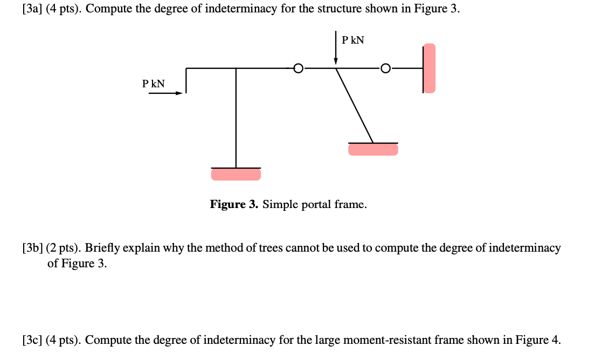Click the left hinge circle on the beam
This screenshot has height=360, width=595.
299,68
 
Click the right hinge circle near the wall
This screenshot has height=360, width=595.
385,68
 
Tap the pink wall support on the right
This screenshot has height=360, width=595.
429,68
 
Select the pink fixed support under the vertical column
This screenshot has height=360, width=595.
236,174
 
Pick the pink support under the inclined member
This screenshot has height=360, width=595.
373,149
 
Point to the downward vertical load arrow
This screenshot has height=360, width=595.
336,49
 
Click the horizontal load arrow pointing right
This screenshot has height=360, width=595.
165,93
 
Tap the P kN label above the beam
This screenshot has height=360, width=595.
353,40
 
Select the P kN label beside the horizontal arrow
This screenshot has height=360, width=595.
154,84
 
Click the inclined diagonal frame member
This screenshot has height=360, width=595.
355,105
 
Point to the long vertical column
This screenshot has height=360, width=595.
236,119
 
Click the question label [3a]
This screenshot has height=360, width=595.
33,11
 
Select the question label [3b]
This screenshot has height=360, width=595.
33,248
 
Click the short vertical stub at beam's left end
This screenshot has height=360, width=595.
186,80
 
